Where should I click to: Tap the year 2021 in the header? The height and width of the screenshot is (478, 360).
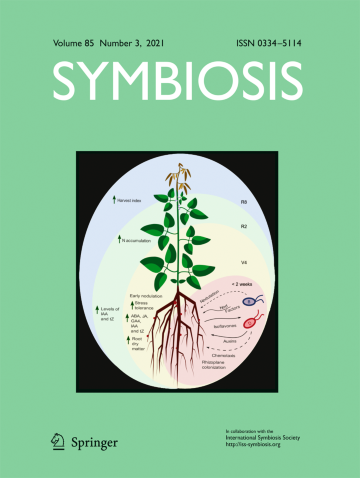pyautogui.click(x=153, y=45)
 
